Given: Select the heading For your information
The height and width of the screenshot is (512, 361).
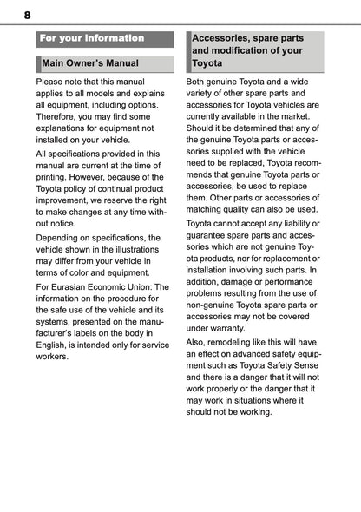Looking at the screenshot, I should pos(92,38).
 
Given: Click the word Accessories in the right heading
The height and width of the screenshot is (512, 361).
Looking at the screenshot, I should pos(224,39).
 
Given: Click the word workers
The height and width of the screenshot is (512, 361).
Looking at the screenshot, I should pos(53,357).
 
